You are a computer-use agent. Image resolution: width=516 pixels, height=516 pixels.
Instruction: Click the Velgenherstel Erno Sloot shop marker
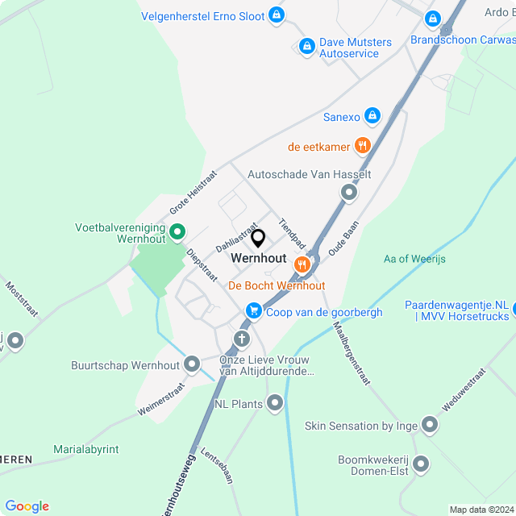pos(277,15)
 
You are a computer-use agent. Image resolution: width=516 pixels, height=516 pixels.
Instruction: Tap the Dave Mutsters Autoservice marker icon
pos(306,47)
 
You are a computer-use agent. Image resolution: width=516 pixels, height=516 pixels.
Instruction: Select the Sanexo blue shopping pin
pos(372,116)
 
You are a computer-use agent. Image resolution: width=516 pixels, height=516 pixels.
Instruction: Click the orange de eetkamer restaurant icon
pos(363,146)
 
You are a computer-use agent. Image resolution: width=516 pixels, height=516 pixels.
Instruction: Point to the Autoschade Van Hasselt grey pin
pos(348,193)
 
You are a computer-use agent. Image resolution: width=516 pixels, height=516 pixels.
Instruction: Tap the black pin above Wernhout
pos(258,239)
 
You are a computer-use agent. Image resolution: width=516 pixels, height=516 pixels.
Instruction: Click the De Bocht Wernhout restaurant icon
pos(302,264)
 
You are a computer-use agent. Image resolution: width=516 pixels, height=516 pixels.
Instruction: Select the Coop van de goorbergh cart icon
pos(253,311)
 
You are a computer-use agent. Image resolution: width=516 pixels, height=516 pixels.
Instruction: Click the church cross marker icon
pos(241,339)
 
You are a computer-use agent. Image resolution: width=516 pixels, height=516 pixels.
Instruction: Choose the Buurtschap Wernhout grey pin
pos(192,364)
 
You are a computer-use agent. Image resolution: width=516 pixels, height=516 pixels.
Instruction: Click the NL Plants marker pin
pos(276,402)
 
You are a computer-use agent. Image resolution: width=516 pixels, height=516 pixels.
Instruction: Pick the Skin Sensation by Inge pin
pos(429,424)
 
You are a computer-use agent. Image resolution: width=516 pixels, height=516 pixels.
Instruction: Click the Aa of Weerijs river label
pos(414,259)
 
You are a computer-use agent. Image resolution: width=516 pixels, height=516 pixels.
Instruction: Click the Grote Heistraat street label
pos(193,192)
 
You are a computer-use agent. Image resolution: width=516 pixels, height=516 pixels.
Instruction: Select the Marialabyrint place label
pos(86,449)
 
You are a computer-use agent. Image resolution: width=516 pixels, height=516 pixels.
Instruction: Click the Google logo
pos(27,506)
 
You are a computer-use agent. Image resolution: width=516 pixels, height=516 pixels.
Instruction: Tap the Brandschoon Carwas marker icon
pos(433,18)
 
